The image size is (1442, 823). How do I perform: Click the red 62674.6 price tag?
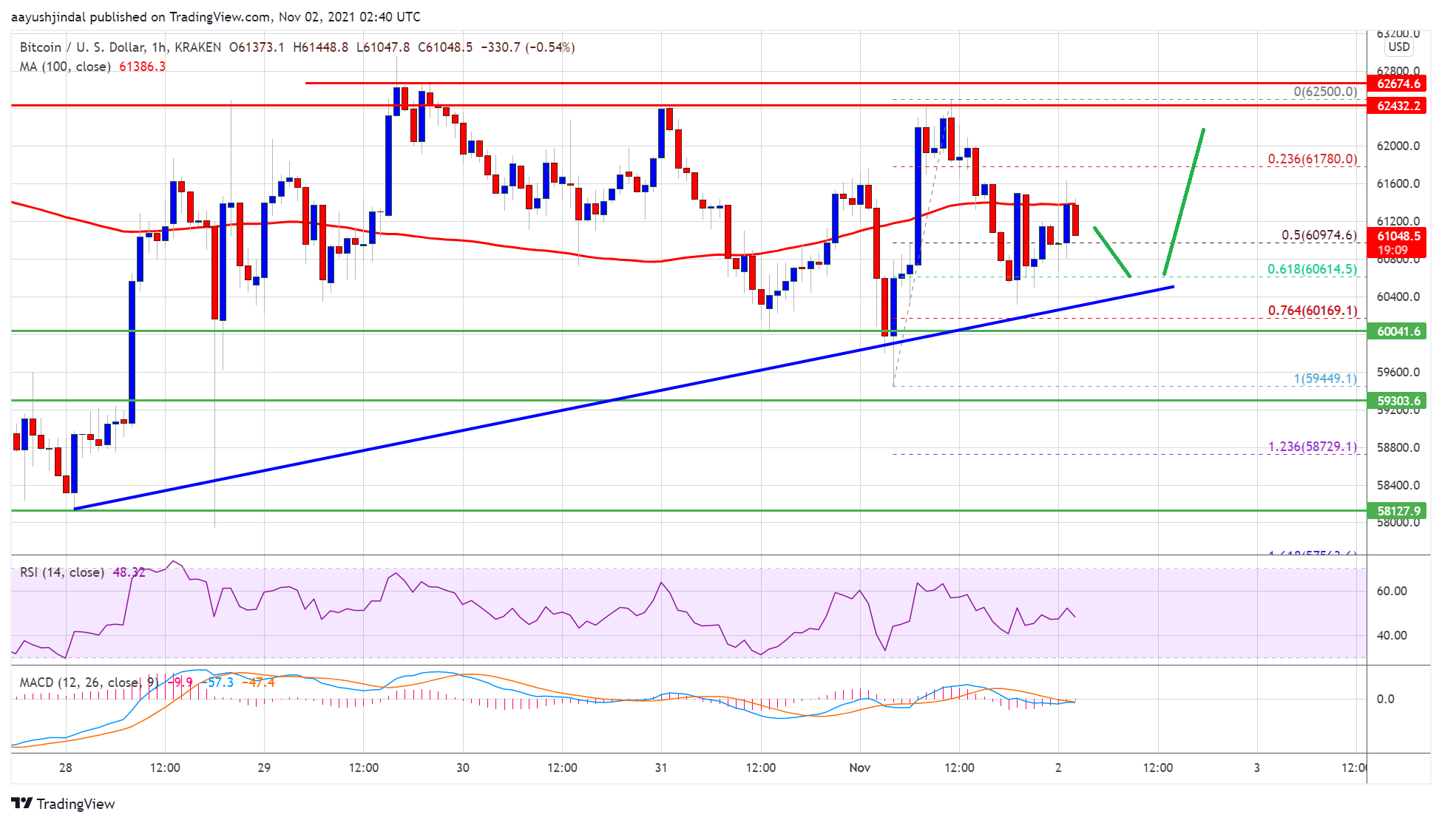pyautogui.click(x=1398, y=84)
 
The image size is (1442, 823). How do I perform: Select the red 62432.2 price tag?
pyautogui.click(x=1398, y=106)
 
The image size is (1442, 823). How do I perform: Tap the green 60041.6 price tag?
pyautogui.click(x=1398, y=331)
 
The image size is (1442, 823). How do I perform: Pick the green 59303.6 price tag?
pyautogui.click(x=1398, y=401)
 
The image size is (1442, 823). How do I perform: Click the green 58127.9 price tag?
pyautogui.click(x=1398, y=511)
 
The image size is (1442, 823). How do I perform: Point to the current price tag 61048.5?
pyautogui.click(x=1398, y=237)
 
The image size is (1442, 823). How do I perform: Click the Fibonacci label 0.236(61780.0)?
pyautogui.click(x=1312, y=159)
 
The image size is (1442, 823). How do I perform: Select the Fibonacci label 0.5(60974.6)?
pyautogui.click(x=1319, y=235)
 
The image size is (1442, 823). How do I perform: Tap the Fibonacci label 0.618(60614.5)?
pyautogui.click(x=1312, y=269)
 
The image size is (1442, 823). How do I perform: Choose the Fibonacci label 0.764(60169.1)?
pyautogui.click(x=1312, y=311)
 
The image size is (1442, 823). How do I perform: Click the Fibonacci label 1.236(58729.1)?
pyautogui.click(x=1312, y=447)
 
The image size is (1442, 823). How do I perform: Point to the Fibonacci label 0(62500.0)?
pyautogui.click(x=1324, y=92)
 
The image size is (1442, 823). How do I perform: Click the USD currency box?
pyautogui.click(x=1398, y=47)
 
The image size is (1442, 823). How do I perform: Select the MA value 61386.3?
pyautogui.click(x=142, y=67)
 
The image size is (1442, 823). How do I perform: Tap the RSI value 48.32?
pyautogui.click(x=129, y=572)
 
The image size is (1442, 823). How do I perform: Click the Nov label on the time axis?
pyautogui.click(x=859, y=768)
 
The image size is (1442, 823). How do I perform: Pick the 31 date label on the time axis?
pyautogui.click(x=661, y=768)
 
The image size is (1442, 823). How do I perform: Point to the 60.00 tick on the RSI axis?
pyautogui.click(x=1391, y=591)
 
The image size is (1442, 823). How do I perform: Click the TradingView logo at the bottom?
pyautogui.click(x=64, y=804)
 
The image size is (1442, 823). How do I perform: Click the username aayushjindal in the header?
pyautogui.click(x=49, y=17)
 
